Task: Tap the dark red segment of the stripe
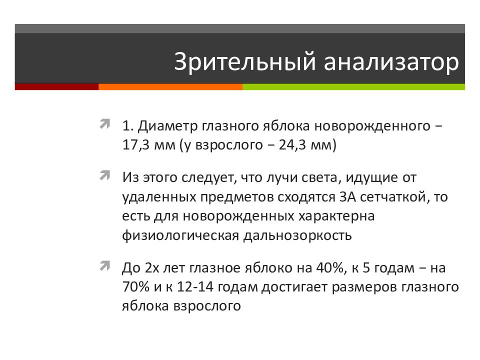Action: coord(56,86)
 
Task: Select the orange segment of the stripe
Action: coord(170,86)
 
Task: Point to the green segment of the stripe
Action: coord(353,86)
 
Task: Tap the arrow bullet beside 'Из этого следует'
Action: coord(105,176)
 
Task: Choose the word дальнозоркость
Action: coord(298,235)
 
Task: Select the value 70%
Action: coord(134,287)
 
